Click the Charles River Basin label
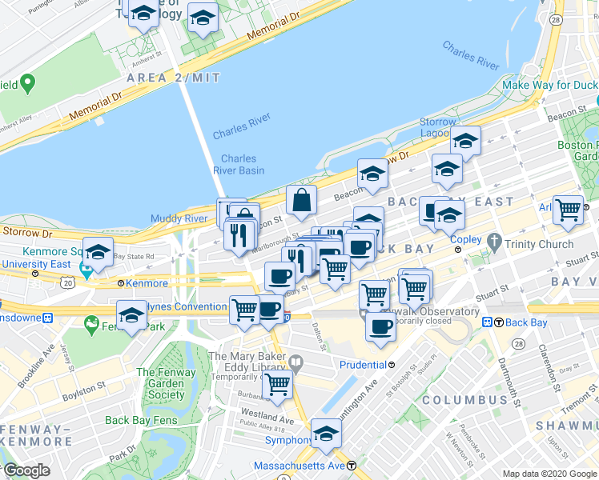click(x=239, y=164)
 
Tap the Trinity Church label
click(x=538, y=244)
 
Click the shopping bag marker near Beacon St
click(x=302, y=202)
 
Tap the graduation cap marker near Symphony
click(x=326, y=434)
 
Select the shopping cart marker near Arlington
click(x=569, y=210)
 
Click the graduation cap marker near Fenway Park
click(x=132, y=316)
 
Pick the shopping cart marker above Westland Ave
click(x=278, y=384)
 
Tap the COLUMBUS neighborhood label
click(x=465, y=399)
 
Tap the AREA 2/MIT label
click(x=173, y=77)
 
